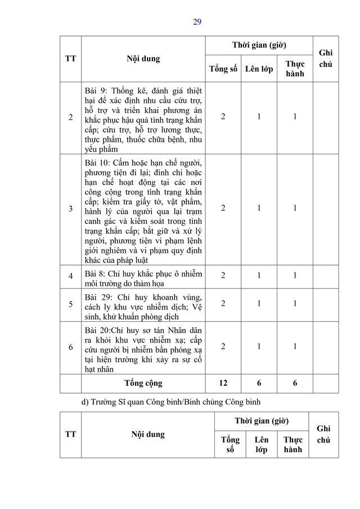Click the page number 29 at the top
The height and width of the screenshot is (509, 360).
point(197,22)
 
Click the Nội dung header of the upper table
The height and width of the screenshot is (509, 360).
point(143,58)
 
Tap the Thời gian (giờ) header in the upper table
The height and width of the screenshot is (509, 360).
point(259,45)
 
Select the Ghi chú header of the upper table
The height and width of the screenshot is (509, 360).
point(326,58)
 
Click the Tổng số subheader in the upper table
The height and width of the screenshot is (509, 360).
point(223,69)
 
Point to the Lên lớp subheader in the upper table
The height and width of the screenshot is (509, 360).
point(259,69)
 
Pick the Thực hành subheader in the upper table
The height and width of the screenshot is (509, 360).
point(295,69)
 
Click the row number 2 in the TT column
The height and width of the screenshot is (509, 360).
point(70,118)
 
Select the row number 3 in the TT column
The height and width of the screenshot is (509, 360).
point(70,209)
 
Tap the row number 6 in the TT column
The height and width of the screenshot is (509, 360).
point(70,347)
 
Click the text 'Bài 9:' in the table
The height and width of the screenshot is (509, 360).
point(96,91)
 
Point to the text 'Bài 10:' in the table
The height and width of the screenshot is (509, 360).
point(98,163)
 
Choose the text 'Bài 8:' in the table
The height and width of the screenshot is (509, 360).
point(96,274)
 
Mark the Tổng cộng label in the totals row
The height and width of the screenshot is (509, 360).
point(143,383)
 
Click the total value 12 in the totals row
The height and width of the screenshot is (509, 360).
point(223,383)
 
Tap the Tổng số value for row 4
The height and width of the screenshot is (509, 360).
point(223,276)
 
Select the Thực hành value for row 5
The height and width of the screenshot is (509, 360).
point(295,304)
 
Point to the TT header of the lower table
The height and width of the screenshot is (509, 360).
point(70,434)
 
